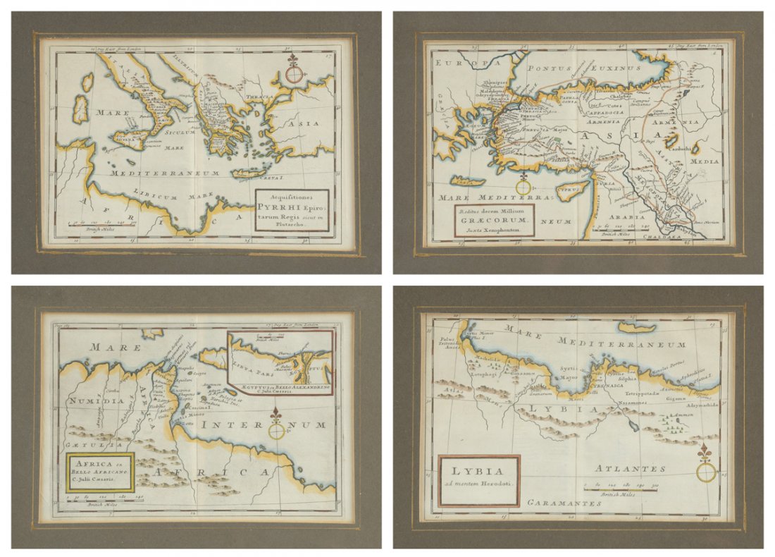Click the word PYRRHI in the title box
click(x=281, y=208)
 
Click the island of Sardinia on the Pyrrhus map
click(x=80, y=109)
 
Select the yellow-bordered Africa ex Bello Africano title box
click(x=99, y=472)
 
